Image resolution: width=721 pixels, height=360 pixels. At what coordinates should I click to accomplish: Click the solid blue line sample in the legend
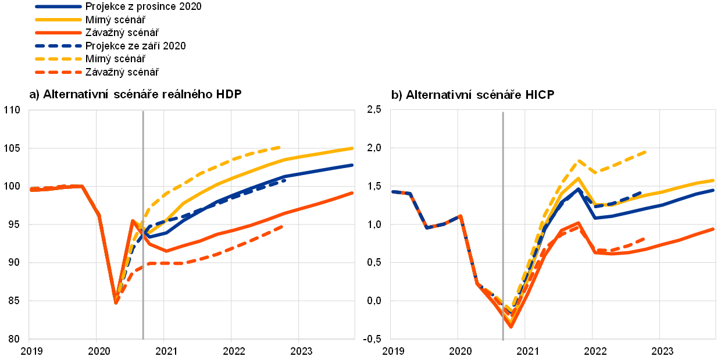coord(58,7)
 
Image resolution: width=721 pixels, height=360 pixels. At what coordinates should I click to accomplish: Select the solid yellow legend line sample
coord(58,20)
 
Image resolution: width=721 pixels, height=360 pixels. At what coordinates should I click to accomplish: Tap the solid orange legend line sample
coord(58,33)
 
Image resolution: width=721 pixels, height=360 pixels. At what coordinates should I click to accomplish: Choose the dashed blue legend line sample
coord(58,45)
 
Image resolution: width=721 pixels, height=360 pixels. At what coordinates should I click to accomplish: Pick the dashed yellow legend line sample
coord(58,59)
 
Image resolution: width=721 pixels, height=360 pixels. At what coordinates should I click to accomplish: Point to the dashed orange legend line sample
coord(58,72)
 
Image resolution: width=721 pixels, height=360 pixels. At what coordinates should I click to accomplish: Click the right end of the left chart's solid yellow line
coord(352,148)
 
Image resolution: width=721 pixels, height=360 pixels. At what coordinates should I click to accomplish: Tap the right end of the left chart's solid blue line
coord(352,165)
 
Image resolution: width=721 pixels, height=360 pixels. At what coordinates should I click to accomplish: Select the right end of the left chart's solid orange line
coord(352,193)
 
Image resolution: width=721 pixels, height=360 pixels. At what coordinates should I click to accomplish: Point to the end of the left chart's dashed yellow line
coord(280,147)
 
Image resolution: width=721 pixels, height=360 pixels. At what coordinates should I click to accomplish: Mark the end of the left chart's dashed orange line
coord(283,226)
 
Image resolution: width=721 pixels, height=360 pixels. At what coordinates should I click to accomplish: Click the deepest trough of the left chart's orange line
coord(116,301)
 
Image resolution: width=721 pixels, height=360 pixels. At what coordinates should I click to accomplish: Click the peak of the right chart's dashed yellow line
coord(579,161)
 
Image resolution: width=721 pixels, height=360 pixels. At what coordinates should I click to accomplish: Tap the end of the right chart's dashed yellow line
coord(645,152)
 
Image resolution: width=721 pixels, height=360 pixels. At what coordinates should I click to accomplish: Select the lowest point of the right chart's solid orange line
coord(511,326)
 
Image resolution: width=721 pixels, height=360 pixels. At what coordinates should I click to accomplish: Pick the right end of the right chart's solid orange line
coord(713,229)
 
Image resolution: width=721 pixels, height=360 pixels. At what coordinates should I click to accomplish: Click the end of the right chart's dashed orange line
coord(644,238)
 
